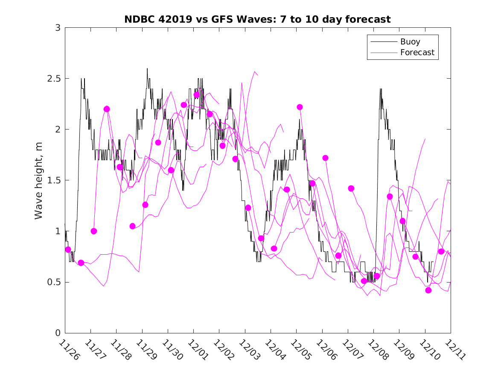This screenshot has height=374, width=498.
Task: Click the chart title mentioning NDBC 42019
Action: pos(257,19)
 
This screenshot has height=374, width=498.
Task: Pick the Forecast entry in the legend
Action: pos(417,53)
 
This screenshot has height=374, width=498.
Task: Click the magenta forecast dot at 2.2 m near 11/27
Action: pos(107,109)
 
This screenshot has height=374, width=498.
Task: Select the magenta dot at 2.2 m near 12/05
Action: pos(300,107)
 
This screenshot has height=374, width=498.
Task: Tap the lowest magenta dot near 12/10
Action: pos(428,290)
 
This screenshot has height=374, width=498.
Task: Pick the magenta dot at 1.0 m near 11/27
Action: pos(94,231)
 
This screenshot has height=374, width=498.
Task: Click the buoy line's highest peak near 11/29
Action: pos(147,68)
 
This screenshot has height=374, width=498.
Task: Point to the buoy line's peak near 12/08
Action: pos(380,89)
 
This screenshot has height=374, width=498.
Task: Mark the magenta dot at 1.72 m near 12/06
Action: pos(325,158)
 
